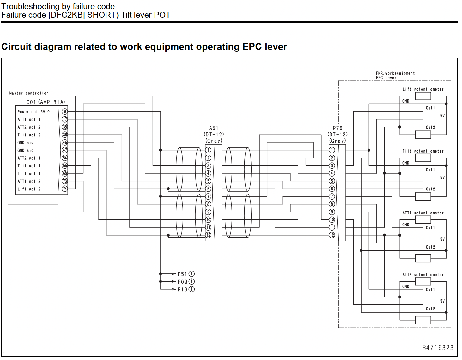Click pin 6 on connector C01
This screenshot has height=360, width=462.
pyautogui.click(x=65, y=111)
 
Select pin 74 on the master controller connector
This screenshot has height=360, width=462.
pyautogui.click(x=65, y=189)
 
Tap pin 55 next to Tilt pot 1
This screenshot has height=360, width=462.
pyautogui.click(x=65, y=165)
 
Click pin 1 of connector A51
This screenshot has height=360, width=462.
pyautogui.click(x=208, y=150)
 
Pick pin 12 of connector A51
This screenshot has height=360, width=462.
pyautogui.click(x=208, y=235)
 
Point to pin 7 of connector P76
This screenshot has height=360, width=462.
pyautogui.click(x=332, y=196)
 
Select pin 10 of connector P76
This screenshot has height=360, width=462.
pyautogui.click(x=332, y=219)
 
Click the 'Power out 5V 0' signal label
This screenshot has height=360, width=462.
pyautogui.click(x=33, y=112)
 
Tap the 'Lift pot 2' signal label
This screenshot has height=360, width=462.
pyautogui.click(x=29, y=189)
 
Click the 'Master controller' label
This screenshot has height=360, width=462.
pyautogui.click(x=29, y=93)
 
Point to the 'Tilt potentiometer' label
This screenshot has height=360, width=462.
pyautogui.click(x=423, y=151)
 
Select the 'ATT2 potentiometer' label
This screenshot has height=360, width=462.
pyautogui.click(x=423, y=275)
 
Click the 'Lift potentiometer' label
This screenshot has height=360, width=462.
pyautogui.click(x=423, y=89)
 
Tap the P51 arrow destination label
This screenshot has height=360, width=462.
pyautogui.click(x=186, y=274)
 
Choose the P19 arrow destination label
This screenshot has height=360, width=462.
pyautogui.click(x=186, y=289)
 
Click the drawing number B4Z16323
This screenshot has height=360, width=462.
pyautogui.click(x=438, y=348)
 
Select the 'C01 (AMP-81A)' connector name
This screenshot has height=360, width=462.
pyautogui.click(x=46, y=102)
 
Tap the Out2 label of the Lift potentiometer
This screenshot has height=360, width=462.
pyautogui.click(x=430, y=127)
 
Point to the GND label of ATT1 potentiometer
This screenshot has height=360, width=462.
pyautogui.click(x=405, y=225)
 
